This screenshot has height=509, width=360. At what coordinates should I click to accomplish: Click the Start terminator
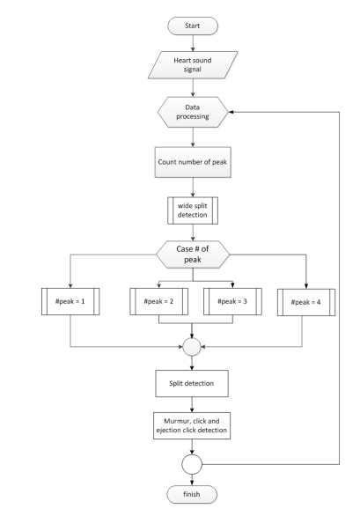[x=193, y=26]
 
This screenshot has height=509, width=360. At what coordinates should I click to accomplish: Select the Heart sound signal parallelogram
[x=193, y=65]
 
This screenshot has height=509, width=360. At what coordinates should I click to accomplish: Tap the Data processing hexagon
[x=193, y=112]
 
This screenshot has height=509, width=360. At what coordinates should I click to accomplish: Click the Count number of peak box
[x=193, y=162]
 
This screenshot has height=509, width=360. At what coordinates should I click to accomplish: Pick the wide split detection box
[x=193, y=210]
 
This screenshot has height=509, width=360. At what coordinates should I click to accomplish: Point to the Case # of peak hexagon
[x=193, y=254]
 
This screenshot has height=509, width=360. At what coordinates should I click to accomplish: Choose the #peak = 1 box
[x=70, y=301]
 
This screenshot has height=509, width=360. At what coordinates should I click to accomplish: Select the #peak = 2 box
[x=159, y=301]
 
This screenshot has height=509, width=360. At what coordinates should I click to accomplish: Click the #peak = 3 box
[x=232, y=301]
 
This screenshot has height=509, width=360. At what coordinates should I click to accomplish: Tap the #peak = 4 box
[x=306, y=302]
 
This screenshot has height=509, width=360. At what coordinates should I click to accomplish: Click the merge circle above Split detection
[x=192, y=347]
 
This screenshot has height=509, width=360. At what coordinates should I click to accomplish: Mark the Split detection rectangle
[x=192, y=383]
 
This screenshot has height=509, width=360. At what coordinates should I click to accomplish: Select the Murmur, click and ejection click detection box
[x=192, y=425]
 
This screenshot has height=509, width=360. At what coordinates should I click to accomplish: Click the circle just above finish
[x=192, y=464]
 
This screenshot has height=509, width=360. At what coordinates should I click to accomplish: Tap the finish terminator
[x=192, y=494]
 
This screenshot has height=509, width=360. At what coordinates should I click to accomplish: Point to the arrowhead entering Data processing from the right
[x=231, y=112]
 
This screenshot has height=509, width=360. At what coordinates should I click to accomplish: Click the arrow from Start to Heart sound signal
[x=193, y=43]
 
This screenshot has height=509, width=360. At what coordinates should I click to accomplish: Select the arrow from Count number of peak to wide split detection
[x=193, y=188]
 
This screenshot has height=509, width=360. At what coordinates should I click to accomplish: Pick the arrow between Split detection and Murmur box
[x=192, y=405]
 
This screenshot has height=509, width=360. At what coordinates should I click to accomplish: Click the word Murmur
[x=175, y=421]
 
